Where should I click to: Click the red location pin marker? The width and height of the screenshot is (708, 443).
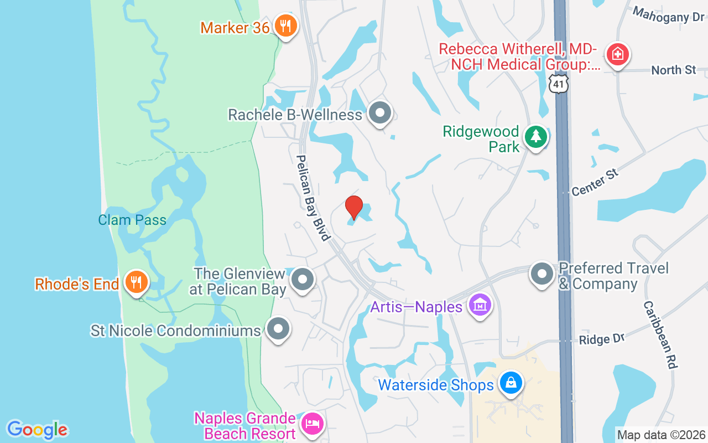click(354, 207)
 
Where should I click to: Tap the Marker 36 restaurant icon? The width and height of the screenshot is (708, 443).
click(285, 25)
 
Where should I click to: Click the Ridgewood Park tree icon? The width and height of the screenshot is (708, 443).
click(535, 136)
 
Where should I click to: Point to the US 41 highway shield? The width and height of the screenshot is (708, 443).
click(559, 83)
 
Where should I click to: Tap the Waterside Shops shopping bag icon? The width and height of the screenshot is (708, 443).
click(511, 383)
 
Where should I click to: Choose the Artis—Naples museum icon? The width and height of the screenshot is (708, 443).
click(480, 305)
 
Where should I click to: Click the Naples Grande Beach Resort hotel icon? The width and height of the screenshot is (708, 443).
click(312, 424)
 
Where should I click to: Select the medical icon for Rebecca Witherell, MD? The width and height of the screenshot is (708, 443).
click(615, 54)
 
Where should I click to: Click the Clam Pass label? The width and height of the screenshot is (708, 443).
click(132, 220)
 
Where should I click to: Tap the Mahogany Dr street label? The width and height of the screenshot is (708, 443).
click(668, 15)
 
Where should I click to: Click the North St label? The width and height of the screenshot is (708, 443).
click(673, 70)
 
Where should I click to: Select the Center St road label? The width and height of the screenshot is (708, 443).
click(595, 182)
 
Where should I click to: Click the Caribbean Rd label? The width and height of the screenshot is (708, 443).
click(660, 335)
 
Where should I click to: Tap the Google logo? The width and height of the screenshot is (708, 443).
click(37, 430)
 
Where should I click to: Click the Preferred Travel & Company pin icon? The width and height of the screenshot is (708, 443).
click(542, 274)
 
